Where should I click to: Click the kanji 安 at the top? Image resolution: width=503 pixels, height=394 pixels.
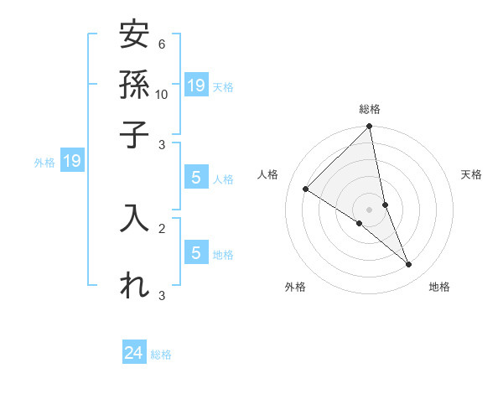coord(134,36)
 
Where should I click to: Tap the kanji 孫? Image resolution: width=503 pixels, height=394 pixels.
coord(134,85)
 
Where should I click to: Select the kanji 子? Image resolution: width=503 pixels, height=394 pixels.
coord(134,134)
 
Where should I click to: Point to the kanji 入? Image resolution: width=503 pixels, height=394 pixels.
coord(134,216)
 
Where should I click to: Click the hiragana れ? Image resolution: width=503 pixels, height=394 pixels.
coord(134,285)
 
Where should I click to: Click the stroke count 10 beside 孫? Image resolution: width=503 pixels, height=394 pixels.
coord(162,94)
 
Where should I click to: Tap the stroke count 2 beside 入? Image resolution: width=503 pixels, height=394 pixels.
coord(161,227)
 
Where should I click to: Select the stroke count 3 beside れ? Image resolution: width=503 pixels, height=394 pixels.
coord(161,295)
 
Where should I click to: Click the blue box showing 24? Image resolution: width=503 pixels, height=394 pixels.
coord(134,354)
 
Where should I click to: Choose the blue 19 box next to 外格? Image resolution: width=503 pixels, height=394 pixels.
coord(72,161)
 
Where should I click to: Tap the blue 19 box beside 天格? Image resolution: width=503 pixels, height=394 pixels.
coord(196,85)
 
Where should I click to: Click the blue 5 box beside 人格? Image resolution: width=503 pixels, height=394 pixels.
coord(196,177)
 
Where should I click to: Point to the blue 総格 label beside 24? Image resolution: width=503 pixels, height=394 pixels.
coord(161,355)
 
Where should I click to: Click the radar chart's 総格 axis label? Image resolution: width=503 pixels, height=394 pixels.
coord(369,110)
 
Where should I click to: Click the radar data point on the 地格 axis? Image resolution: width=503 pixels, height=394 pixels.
coord(409,264)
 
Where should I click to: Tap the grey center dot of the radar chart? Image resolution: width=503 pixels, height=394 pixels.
coord(369,209)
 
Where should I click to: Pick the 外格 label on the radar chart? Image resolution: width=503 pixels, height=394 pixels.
coord(294,288)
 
